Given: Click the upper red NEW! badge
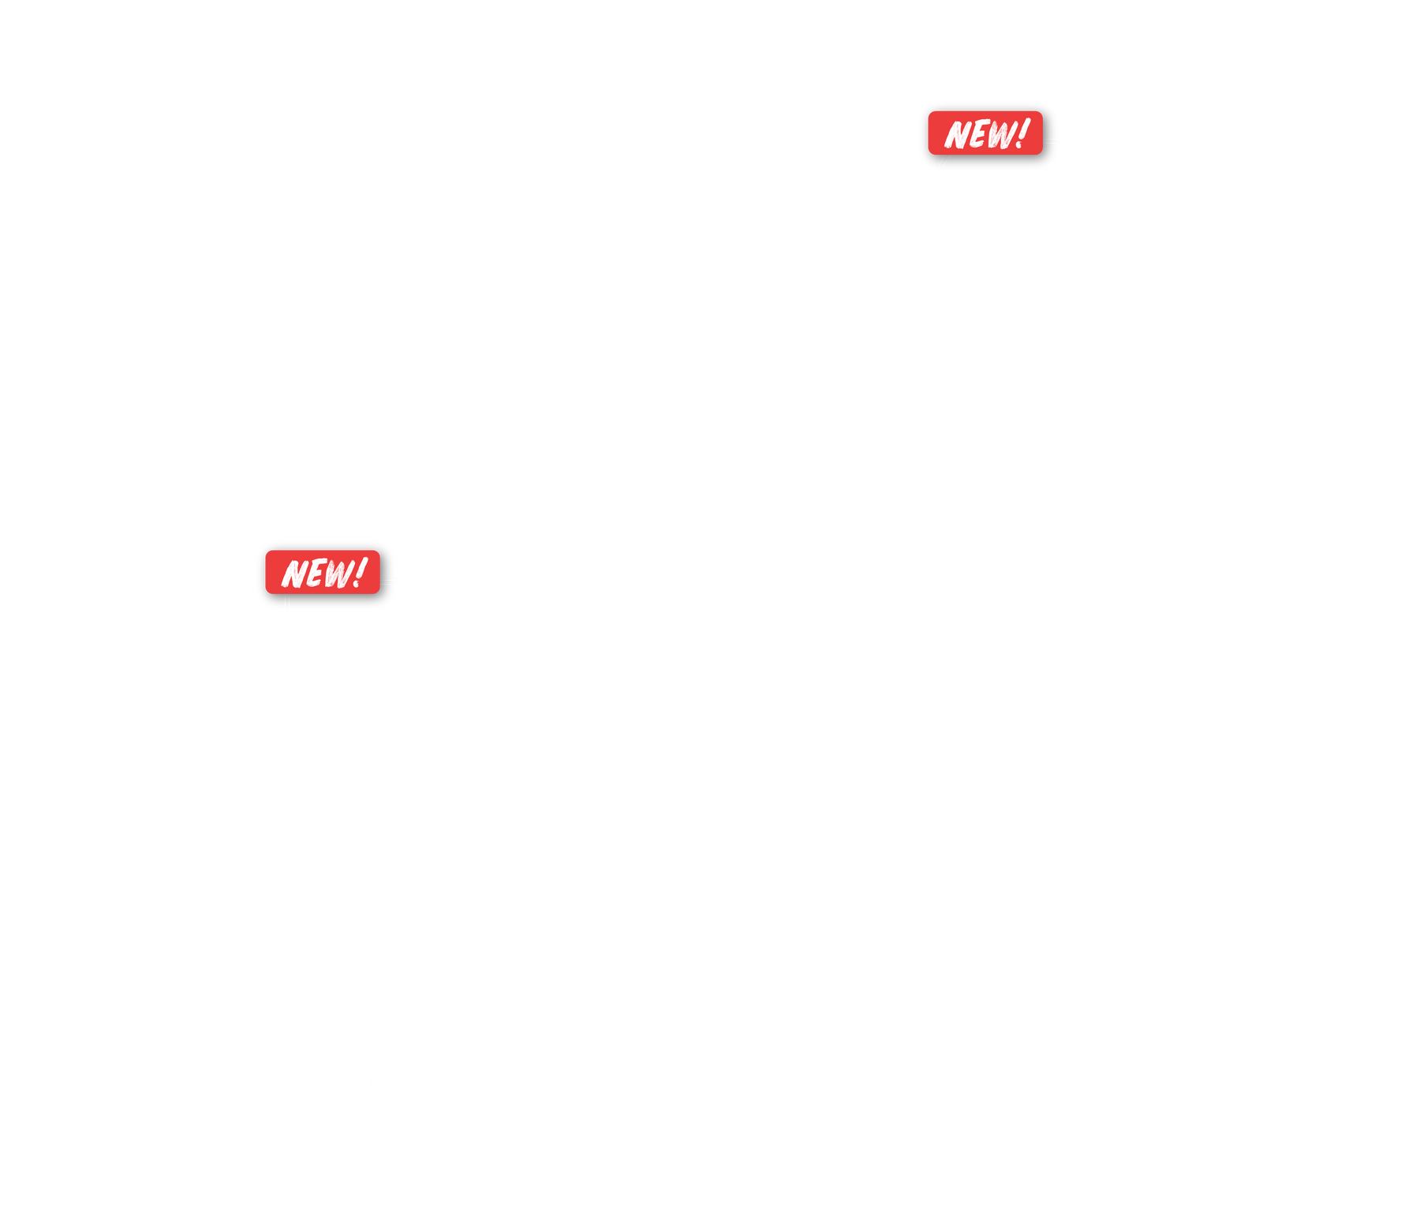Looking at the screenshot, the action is (985, 133).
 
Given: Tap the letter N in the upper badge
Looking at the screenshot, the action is (958, 135).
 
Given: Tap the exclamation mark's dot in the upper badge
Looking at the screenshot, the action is (1018, 145).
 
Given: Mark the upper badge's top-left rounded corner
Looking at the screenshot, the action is (931, 114).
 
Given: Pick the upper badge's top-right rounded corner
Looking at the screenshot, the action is (1040, 114).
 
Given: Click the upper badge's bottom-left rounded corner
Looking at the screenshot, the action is (931, 151).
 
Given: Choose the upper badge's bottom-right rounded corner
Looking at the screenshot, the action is (1040, 151).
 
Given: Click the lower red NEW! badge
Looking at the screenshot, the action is (323, 572).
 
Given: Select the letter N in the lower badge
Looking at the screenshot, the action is (296, 574).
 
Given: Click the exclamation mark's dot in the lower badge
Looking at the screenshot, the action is (356, 585).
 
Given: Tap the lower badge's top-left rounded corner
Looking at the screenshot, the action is (268, 553).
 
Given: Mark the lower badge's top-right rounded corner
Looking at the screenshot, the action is (377, 553).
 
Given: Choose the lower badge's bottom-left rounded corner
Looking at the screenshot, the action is (268, 591).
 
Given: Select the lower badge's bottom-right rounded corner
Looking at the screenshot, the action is (377, 591).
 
